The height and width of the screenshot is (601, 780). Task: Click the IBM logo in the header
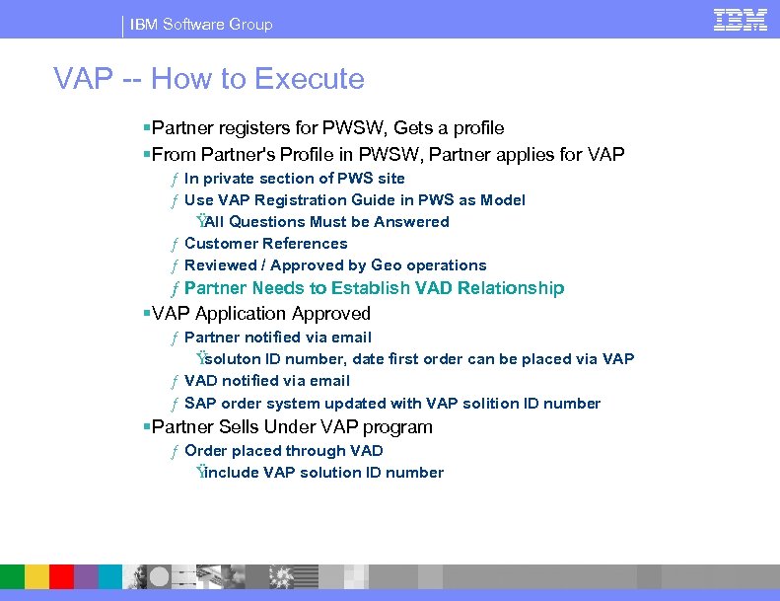pos(741,20)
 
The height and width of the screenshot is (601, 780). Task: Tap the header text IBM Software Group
pos(201,24)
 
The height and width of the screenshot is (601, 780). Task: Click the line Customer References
pos(265,244)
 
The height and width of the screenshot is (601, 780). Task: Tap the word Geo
pos(388,265)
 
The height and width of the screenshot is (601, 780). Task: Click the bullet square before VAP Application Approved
pos(146,314)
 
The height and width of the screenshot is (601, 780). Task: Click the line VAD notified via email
pos(266,381)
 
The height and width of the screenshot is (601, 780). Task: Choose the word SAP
pos(200,404)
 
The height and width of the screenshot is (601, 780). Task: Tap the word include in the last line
pos(231,473)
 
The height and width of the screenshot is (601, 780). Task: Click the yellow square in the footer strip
pos(36,577)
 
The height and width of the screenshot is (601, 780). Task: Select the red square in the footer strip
pos(61,577)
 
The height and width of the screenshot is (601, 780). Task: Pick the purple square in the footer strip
pos(86,577)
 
